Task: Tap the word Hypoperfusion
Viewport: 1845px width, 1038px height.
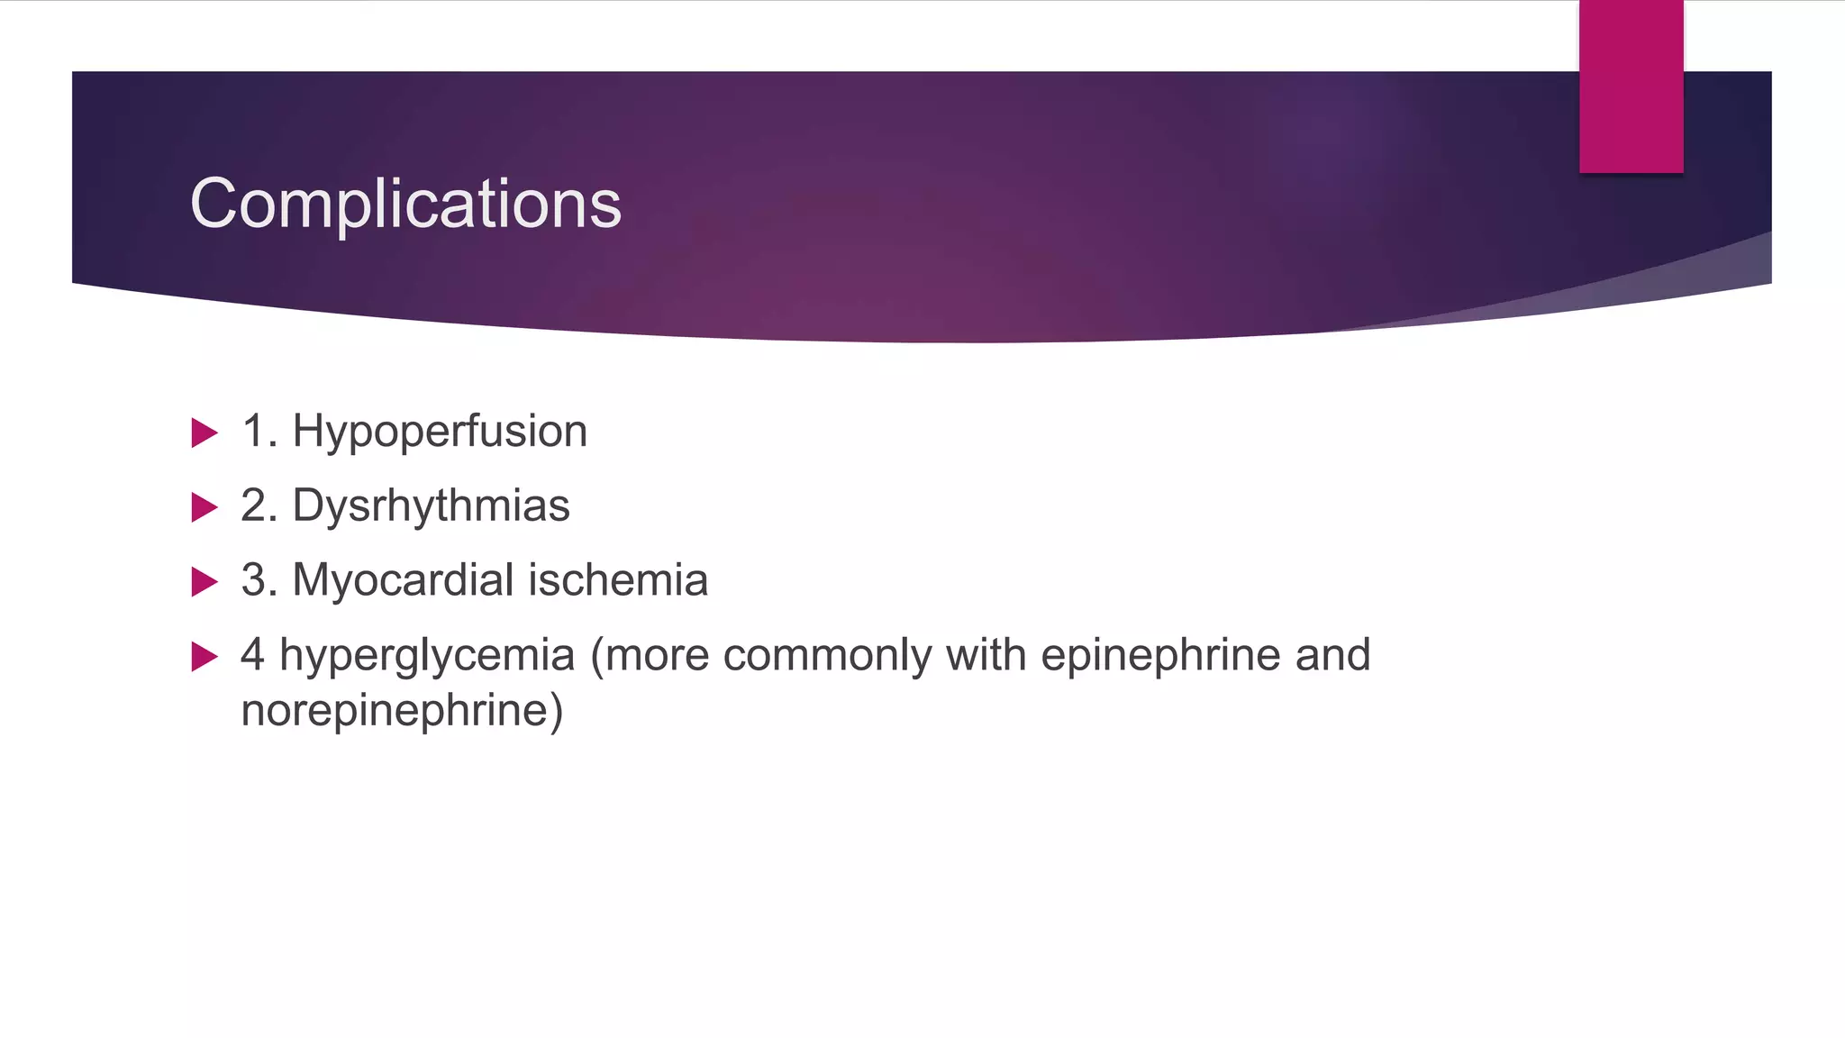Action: tap(440, 432)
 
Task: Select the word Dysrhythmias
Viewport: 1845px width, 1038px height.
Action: tap(431, 505)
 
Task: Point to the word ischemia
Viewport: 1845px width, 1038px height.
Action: tap(618, 579)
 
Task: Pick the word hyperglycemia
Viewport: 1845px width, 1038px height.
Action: tap(427, 655)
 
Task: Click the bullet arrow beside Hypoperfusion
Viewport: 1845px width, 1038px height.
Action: tap(204, 433)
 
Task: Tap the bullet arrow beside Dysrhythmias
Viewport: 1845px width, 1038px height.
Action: tap(204, 507)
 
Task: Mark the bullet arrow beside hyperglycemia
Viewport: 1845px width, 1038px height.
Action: tap(204, 657)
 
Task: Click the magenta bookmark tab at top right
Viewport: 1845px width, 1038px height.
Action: tap(1631, 86)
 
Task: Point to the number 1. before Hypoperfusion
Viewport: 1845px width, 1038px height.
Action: tap(259, 432)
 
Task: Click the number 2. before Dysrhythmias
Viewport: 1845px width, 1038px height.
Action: tap(259, 505)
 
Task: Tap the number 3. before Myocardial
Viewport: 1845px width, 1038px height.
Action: tap(259, 579)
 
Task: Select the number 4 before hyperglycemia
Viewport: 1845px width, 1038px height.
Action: tap(253, 655)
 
